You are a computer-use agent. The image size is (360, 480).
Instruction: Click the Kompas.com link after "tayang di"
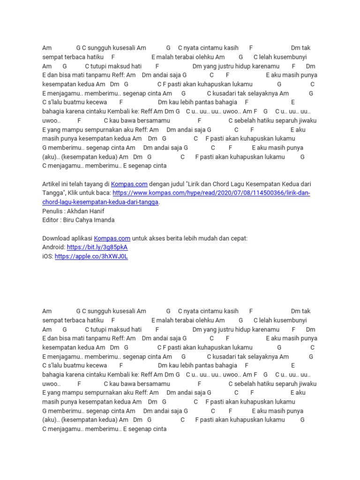pyautogui.click(x=129, y=184)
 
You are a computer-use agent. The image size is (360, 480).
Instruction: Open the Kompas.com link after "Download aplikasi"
pyautogui.click(x=112, y=238)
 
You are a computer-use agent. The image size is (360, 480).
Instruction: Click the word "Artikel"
pyautogui.click(x=52, y=184)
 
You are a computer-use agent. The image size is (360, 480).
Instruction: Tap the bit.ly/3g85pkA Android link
pyautogui.click(x=97, y=247)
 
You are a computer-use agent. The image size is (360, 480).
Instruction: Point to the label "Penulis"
pyautogui.click(x=52, y=211)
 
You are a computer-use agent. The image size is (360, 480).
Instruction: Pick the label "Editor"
pyautogui.click(x=51, y=220)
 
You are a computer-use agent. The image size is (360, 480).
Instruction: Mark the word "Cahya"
pyautogui.click(x=87, y=220)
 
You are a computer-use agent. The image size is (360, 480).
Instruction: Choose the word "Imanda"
pyautogui.click(x=105, y=220)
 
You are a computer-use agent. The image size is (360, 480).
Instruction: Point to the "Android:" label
pyautogui.click(x=53, y=247)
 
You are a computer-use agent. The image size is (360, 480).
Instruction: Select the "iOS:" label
pyautogui.click(x=47, y=256)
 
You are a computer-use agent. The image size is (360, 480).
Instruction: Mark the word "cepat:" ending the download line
pyautogui.click(x=239, y=238)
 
